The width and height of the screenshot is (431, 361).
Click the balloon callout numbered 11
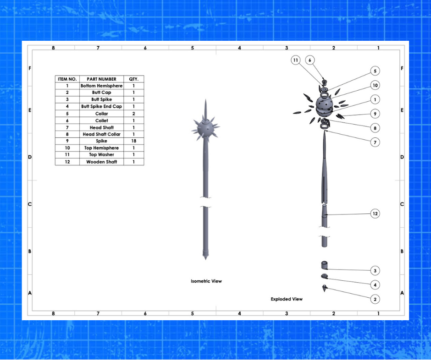click(295, 60)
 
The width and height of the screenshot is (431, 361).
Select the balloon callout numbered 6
click(310, 60)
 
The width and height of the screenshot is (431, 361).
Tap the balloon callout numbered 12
click(375, 213)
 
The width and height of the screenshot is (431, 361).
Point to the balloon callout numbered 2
click(375, 299)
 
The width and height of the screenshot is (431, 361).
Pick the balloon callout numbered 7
click(375, 142)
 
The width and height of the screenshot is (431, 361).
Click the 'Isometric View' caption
click(206, 281)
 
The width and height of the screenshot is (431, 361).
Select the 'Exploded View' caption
click(287, 299)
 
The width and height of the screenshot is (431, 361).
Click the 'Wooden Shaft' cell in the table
click(101, 162)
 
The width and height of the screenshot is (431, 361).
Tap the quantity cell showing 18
click(133, 141)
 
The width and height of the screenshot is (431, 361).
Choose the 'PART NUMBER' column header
click(101, 79)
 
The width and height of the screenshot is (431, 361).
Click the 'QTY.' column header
click(133, 79)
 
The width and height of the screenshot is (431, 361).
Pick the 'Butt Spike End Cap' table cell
click(101, 106)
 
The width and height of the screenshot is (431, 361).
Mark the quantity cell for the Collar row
click(133, 114)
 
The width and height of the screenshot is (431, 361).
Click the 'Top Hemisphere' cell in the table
click(101, 148)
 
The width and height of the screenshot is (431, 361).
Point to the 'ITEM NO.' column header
click(67, 79)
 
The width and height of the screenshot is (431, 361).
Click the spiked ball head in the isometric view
click(205, 128)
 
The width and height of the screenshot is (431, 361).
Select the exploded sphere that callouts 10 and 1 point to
click(324, 106)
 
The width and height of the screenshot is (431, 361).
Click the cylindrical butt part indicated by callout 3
click(324, 265)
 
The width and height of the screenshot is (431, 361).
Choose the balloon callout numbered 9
click(375, 114)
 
